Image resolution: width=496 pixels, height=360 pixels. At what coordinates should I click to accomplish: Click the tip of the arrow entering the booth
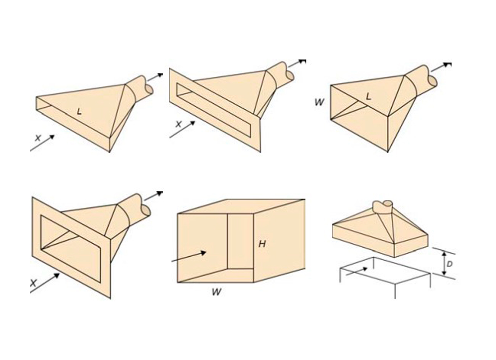pos(206,252)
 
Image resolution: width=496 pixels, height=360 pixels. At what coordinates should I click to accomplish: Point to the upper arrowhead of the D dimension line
pos(444,252)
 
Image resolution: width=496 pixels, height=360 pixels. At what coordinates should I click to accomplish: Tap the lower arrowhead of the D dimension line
pos(444,275)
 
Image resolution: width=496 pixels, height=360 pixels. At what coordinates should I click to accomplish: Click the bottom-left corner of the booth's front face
pos(178,283)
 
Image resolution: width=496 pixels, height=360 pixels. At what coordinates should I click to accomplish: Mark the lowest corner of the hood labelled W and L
pos(388,152)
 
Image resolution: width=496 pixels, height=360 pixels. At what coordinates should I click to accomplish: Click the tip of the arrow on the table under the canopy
pos(368,268)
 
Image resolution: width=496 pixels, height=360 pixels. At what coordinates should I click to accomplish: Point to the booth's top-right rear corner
pos(305,199)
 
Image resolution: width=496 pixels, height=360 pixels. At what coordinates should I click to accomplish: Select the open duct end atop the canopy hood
pos(388,203)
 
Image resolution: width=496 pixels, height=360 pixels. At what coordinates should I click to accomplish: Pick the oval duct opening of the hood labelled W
pos(433,82)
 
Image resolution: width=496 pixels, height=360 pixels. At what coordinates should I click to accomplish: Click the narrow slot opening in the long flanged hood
pos(214,110)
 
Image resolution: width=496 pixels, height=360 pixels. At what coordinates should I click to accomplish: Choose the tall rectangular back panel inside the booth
pos(241,242)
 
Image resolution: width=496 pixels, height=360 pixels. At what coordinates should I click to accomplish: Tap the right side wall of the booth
pos(279,241)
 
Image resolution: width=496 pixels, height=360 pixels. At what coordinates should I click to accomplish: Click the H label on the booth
pos(262,244)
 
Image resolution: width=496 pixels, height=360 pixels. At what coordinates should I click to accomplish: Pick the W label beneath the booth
pos(217,292)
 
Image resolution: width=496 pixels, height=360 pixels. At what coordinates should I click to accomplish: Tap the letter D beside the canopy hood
pos(450,264)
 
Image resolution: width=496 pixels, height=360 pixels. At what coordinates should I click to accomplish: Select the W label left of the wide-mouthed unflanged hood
pos(319,102)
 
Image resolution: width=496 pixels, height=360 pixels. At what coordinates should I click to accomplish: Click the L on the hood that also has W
pos(368,96)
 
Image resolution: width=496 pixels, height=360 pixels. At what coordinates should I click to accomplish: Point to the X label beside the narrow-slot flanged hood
pos(178,124)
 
